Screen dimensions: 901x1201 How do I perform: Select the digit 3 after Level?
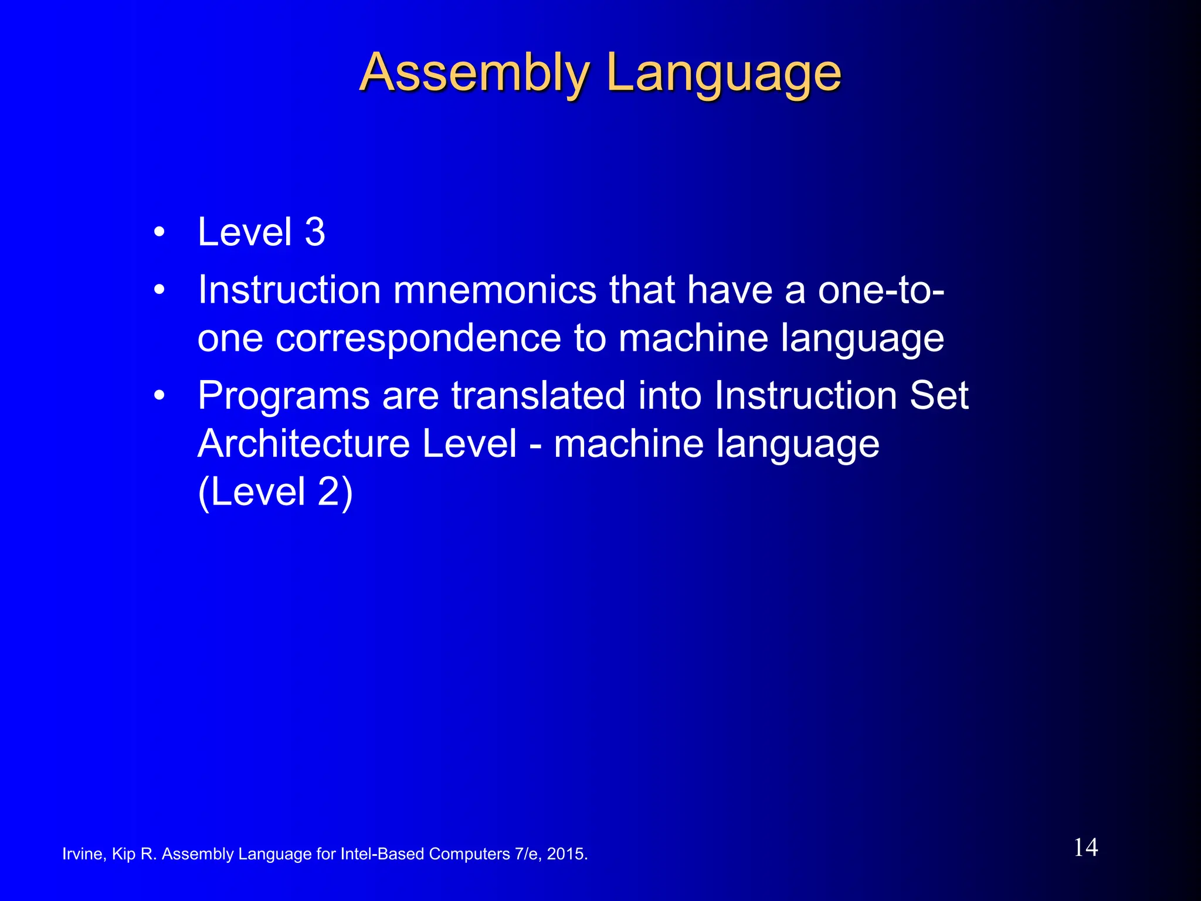315,232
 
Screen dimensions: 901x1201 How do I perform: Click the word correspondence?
418,338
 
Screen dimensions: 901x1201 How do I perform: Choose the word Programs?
284,396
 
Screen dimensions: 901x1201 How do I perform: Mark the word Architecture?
303,443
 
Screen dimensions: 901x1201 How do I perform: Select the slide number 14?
1085,848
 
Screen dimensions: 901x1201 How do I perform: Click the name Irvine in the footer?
83,854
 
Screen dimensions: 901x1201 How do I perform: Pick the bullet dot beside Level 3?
159,233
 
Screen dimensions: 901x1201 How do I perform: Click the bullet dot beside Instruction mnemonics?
159,290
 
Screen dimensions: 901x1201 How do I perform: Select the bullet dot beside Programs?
159,397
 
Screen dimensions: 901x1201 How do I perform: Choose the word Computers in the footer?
469,854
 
